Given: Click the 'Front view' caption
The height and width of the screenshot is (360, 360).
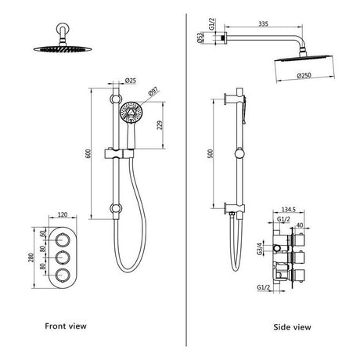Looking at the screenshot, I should tap(66, 325).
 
